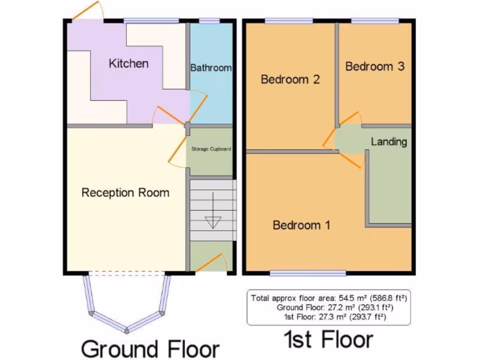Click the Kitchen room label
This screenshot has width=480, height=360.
tap(128, 63)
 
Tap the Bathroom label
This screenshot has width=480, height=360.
tap(210, 67)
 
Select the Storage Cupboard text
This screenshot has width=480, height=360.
tap(211, 149)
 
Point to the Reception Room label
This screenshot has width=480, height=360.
tap(125, 192)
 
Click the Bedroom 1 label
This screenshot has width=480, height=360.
tap(301, 225)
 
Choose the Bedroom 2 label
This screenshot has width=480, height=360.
tap(290, 79)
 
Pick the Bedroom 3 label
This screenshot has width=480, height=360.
tap(375, 66)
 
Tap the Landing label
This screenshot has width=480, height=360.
tap(389, 142)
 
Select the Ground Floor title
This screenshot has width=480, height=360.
tap(150, 349)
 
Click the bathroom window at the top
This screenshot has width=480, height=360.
tap(210, 21)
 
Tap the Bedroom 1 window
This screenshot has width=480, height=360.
tap(308, 273)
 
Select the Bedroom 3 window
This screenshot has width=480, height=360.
tap(375, 21)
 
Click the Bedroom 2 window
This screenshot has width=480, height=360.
tap(289, 21)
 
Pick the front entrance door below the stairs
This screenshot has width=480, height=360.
tap(210, 262)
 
